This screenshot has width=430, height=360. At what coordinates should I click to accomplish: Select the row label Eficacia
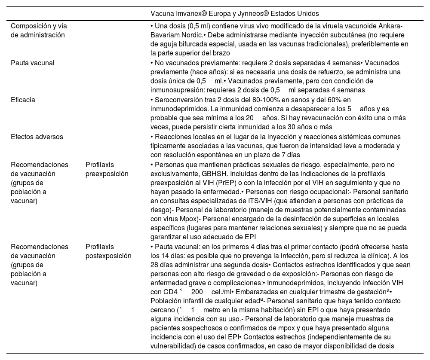23,100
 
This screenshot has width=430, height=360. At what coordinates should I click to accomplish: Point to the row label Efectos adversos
37,137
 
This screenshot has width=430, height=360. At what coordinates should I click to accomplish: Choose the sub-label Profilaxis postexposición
108,251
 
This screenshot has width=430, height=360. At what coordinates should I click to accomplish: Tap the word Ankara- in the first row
390,26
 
